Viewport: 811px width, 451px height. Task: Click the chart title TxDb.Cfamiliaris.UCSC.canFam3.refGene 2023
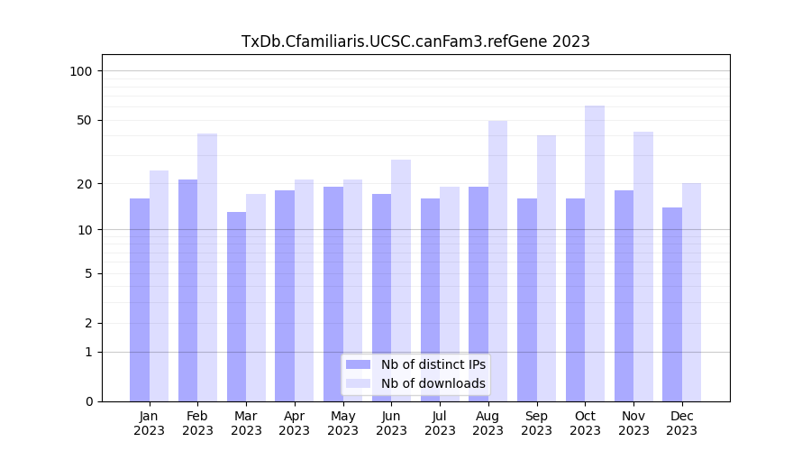415,41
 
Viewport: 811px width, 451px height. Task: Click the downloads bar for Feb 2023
207,267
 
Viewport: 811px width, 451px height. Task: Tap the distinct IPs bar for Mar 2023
236,307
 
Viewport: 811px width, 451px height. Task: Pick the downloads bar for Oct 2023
595,253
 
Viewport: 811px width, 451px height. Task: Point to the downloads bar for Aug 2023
498,261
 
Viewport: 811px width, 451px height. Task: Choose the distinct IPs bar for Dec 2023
672,304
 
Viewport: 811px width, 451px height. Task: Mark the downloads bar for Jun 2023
401,281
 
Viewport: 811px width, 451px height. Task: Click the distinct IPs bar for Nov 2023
624,296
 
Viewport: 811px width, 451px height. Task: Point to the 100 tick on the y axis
81,71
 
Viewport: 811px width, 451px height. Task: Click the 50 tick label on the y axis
84,120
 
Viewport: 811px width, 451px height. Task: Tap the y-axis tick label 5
87,273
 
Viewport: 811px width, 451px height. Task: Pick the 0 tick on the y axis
87,401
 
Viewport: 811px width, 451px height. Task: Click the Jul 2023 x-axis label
440,423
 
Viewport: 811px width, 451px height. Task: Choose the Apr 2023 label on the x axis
295,423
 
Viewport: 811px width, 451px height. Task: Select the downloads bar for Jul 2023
450,294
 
